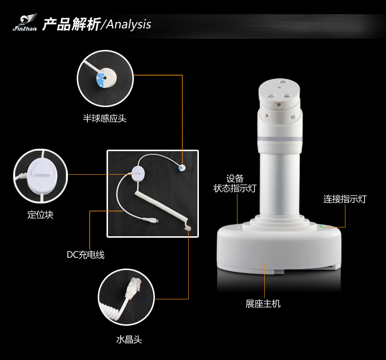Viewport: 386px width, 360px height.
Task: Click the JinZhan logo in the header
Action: pos(25,22)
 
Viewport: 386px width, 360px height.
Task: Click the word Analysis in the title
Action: pos(129,24)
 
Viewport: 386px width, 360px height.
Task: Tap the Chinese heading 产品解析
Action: pos(71,24)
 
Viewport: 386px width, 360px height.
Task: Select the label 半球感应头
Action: pos(105,118)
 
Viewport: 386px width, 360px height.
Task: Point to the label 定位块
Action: pos(41,215)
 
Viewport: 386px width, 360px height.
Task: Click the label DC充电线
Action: pos(86,254)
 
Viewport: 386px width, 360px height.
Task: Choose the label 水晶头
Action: pos(129,339)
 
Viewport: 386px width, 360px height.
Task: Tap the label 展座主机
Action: pos(263,304)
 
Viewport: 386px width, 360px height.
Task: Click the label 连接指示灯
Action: pos(345,199)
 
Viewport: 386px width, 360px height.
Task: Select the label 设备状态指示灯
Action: pos(235,183)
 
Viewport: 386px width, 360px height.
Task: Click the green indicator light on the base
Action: pos(320,226)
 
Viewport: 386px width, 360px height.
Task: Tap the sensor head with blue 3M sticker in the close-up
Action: pos(106,77)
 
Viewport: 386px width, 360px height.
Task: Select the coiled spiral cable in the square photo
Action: pos(162,209)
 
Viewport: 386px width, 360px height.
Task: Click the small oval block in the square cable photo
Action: pos(138,174)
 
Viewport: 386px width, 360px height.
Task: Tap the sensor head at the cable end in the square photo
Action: pos(182,168)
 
